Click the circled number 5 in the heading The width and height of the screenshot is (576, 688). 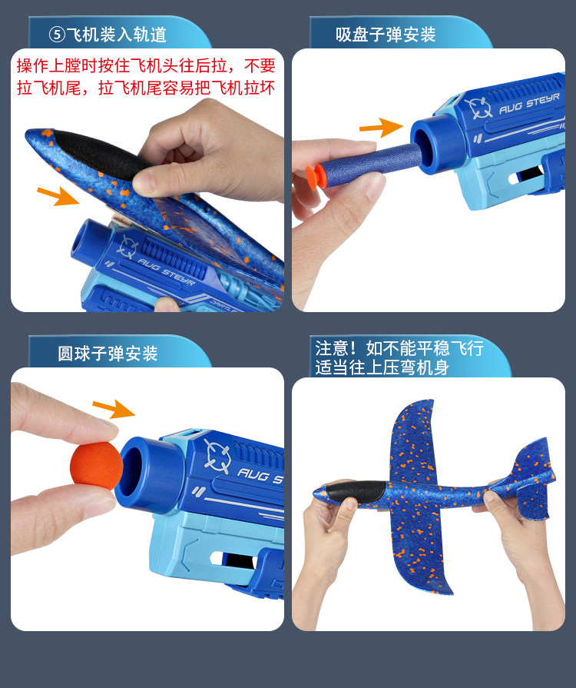(x=58, y=35)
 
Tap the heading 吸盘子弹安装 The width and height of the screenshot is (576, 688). (x=386, y=35)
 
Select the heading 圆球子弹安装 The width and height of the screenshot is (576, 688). (x=108, y=354)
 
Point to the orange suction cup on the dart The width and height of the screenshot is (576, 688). (x=313, y=176)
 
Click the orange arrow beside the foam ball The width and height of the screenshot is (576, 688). (x=114, y=408)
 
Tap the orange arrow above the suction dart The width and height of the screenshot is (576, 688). (x=381, y=128)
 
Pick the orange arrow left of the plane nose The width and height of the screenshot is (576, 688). (x=58, y=195)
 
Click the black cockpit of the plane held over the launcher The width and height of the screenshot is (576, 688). (x=98, y=154)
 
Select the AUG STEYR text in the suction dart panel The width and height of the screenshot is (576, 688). (x=529, y=104)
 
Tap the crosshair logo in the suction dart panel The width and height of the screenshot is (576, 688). (x=478, y=108)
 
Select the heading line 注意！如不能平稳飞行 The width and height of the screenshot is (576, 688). (x=399, y=348)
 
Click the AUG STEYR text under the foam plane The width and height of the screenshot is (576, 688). (x=166, y=272)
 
